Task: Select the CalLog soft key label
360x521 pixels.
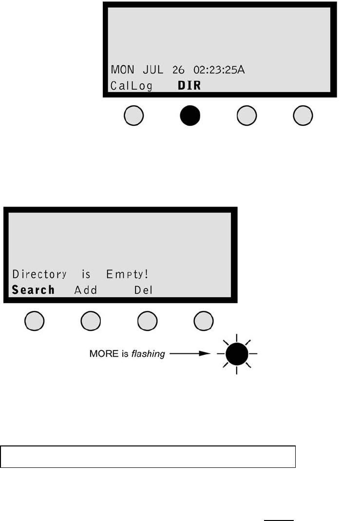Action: [131, 86]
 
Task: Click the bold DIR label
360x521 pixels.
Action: [189, 86]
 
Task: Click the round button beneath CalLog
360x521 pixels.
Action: [134, 116]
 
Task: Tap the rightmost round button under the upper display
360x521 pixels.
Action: [303, 116]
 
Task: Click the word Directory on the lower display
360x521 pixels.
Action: [39, 274]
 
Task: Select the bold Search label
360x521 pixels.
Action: [33, 290]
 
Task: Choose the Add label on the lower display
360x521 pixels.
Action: [86, 290]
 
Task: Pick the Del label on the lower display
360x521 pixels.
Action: [144, 290]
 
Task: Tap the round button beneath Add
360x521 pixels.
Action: [90, 321]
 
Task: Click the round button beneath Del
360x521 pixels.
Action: [148, 321]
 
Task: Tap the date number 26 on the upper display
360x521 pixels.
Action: [179, 70]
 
